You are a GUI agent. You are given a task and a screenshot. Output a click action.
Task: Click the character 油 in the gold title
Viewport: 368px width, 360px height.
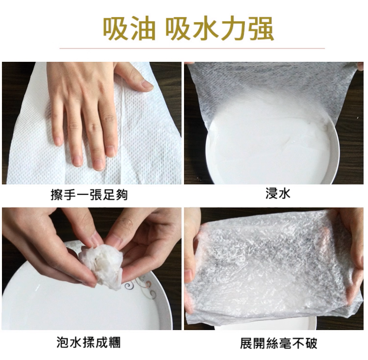[x=142, y=29]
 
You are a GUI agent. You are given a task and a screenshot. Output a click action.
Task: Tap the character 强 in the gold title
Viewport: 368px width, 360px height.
[x=261, y=29]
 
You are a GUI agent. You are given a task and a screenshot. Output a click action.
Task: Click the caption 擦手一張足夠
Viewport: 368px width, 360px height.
[x=89, y=195]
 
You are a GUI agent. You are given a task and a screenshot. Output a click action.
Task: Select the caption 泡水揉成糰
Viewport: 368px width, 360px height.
[x=89, y=342]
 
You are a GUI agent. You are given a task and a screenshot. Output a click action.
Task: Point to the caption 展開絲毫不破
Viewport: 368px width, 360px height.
[x=279, y=343]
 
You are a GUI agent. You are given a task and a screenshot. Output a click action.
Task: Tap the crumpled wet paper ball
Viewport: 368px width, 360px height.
[x=102, y=266]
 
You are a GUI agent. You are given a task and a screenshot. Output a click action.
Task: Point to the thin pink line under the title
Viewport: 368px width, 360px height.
[x=192, y=49]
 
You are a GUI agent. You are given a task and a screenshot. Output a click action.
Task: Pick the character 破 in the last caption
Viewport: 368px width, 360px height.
[x=311, y=343]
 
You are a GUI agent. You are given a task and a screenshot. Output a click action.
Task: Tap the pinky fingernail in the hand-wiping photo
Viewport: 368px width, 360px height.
[x=57, y=141]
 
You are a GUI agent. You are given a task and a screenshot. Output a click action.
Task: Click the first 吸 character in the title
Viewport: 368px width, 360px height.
[x=114, y=29]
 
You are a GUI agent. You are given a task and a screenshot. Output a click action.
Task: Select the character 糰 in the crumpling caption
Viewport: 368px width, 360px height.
[x=114, y=342]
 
